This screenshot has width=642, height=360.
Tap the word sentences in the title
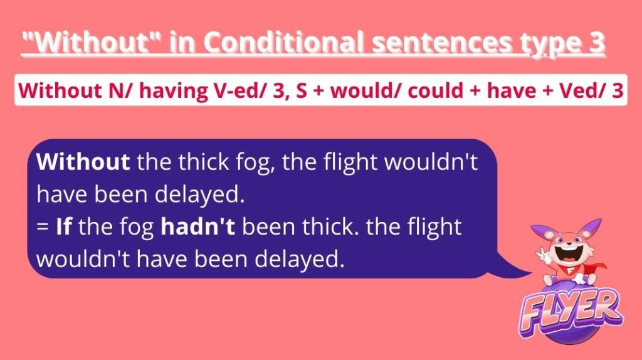pos(441,43)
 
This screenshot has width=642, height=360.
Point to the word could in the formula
pos(435,90)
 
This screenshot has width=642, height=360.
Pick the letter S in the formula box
pos(301,91)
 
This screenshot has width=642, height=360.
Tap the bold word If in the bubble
pos(64,226)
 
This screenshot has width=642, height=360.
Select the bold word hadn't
pos(198,226)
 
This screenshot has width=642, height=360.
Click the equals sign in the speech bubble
pos(42,227)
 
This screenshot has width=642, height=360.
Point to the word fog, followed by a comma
pos(255,163)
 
